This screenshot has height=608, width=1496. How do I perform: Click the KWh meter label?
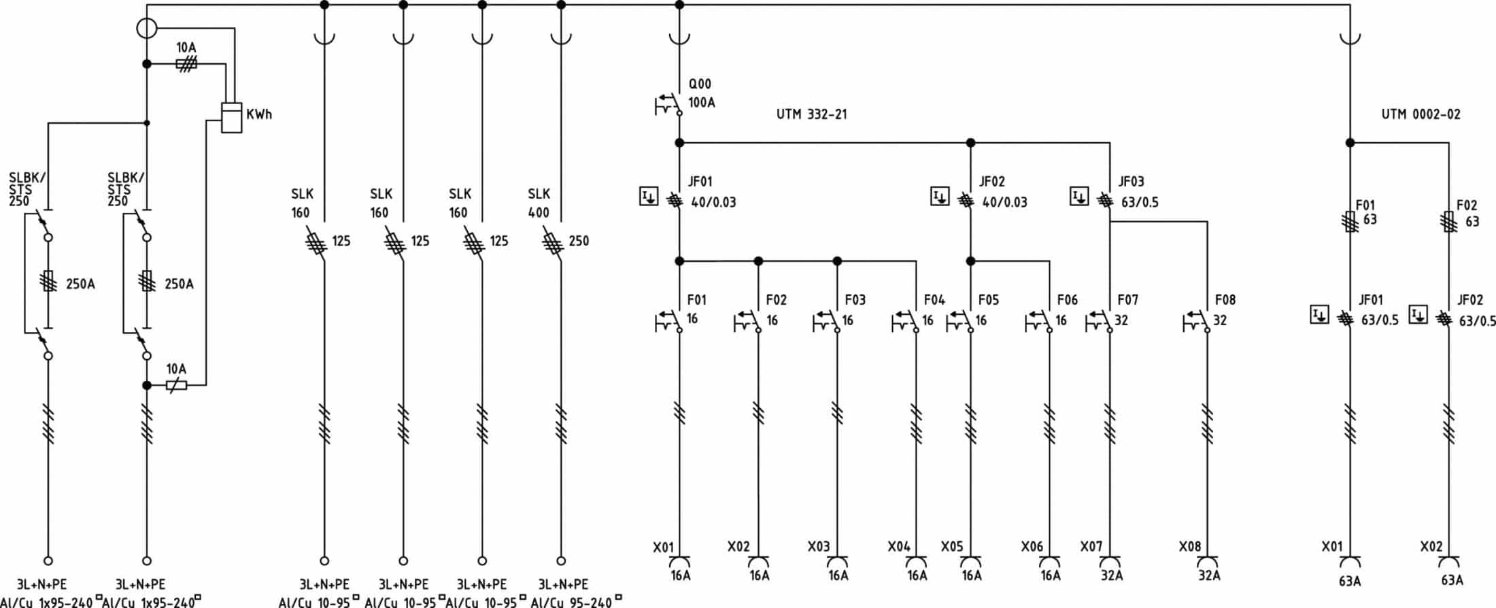tap(259, 114)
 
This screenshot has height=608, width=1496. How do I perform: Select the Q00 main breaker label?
tap(700, 84)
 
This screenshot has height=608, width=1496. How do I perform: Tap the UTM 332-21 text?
tap(812, 114)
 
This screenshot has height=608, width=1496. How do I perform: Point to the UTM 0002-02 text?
tap(1421, 114)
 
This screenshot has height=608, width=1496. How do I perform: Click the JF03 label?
tap(1132, 182)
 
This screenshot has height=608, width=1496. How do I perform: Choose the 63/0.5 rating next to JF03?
tap(1140, 202)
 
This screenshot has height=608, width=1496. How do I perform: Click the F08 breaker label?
tap(1225, 300)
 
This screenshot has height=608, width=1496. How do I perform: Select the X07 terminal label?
tap(1091, 547)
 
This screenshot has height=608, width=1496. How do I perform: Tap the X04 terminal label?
tap(899, 547)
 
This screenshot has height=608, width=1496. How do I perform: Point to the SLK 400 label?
tap(539, 203)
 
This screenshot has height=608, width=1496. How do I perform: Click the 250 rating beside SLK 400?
tap(579, 241)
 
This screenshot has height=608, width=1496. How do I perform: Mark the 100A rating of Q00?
tap(702, 103)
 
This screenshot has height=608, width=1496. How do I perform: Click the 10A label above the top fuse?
tap(186, 48)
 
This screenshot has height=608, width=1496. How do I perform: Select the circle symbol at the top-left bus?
tap(147, 29)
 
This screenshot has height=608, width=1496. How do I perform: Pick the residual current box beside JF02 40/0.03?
tap(940, 197)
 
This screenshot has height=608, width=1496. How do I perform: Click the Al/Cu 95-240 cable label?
tap(572, 602)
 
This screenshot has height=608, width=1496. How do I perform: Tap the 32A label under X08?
tap(1209, 576)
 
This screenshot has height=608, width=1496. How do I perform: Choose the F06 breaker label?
tap(1068, 300)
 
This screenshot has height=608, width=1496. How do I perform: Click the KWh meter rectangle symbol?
tap(232, 117)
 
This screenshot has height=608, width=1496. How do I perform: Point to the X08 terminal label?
tap(1190, 547)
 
